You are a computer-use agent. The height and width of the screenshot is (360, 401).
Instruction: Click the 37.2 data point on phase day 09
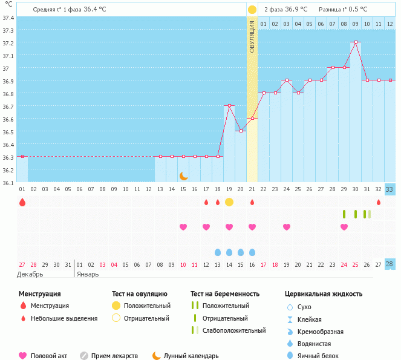click(356, 42)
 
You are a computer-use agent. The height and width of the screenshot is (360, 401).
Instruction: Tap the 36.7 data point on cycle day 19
click(229, 105)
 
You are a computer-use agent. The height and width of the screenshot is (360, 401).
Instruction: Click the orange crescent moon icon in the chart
click(183, 176)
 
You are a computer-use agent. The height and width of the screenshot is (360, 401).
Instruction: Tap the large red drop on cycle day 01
click(22, 202)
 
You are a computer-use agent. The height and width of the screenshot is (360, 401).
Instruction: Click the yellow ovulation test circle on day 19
click(229, 202)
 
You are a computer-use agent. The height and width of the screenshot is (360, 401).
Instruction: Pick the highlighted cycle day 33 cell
click(390, 189)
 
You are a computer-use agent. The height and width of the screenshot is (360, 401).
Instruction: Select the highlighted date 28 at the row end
click(390, 264)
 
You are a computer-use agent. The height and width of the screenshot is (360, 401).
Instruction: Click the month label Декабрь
click(30, 274)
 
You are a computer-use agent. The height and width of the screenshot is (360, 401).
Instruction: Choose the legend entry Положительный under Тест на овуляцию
click(147, 306)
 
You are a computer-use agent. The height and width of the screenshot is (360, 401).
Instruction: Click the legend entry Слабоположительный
click(234, 330)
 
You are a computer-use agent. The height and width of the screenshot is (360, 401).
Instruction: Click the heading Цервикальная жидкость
click(324, 294)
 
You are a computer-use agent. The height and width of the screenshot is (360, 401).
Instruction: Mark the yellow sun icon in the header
click(252, 10)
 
